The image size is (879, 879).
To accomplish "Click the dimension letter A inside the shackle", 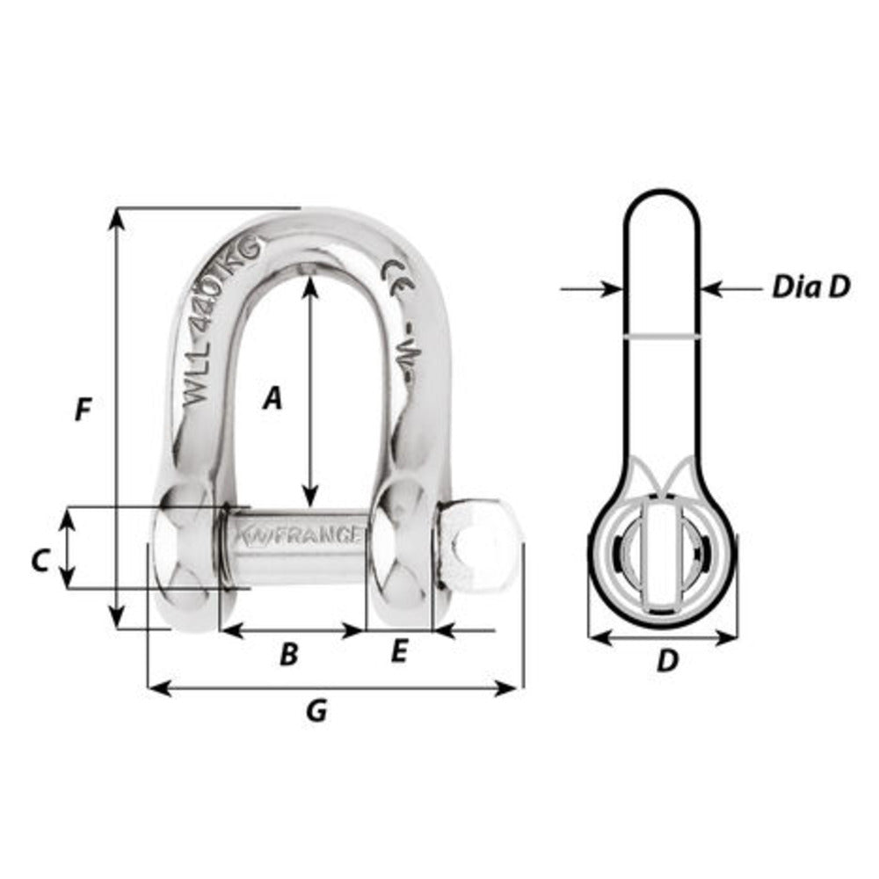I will (273, 400).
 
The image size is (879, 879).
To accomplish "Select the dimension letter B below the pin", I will (288, 654).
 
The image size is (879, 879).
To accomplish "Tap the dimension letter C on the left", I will (40, 560).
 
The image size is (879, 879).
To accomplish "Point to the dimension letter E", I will (398, 652).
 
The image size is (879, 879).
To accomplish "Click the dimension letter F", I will (84, 410).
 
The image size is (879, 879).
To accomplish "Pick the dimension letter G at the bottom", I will (316, 710).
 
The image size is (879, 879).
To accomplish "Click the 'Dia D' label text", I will (810, 287).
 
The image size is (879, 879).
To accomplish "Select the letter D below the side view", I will (668, 661).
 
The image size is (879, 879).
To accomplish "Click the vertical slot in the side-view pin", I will (661, 556).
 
